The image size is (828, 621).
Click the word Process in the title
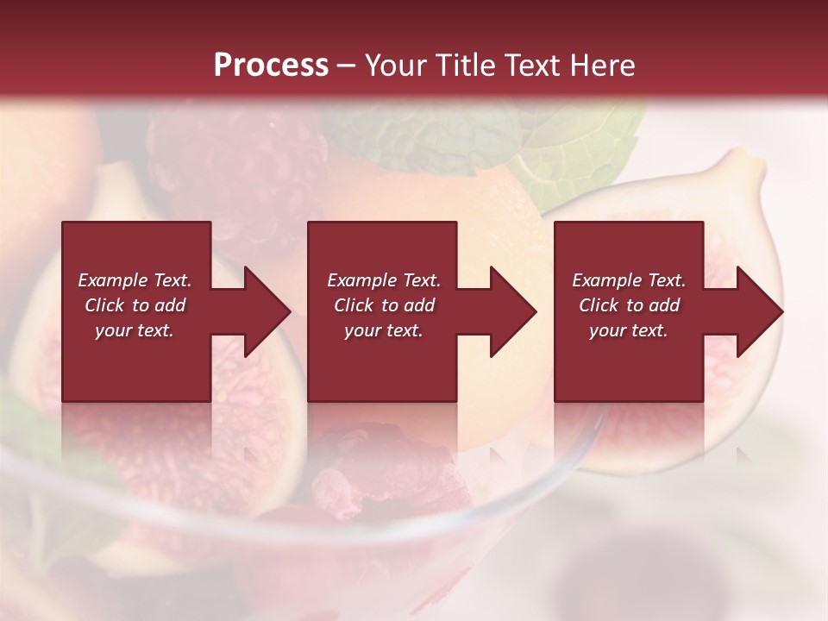pyautogui.click(x=271, y=66)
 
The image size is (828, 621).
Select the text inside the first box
pyautogui.click(x=135, y=305)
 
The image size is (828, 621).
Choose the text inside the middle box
pyautogui.click(x=384, y=305)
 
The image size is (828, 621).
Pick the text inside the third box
pyautogui.click(x=629, y=305)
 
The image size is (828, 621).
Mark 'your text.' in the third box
pyautogui.click(x=629, y=330)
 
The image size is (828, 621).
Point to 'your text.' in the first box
pyautogui.click(x=135, y=330)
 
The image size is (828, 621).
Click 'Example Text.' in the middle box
pyautogui.click(x=384, y=280)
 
